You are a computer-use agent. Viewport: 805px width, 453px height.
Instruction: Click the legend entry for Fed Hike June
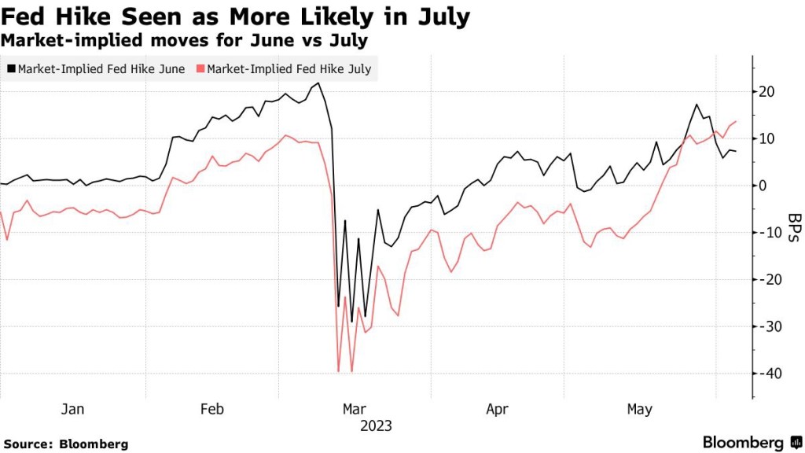[x=101, y=69]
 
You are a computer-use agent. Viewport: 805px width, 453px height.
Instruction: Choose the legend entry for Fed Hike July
[x=289, y=69]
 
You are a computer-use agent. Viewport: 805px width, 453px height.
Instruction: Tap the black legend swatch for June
[x=11, y=69]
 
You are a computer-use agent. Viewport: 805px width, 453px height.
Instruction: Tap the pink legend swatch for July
[x=200, y=69]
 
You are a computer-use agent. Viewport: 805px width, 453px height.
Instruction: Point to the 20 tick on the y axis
[x=766, y=92]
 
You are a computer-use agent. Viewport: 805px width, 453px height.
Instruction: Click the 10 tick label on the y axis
[x=766, y=138]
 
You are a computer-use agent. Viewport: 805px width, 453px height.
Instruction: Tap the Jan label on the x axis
[x=72, y=409]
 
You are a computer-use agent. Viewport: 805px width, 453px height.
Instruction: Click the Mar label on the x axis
[x=354, y=409]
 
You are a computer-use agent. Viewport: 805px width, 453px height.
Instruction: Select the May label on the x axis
[x=639, y=409]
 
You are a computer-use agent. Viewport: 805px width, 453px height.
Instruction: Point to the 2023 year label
[x=376, y=426]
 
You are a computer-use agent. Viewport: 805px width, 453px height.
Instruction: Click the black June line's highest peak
[x=318, y=83]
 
